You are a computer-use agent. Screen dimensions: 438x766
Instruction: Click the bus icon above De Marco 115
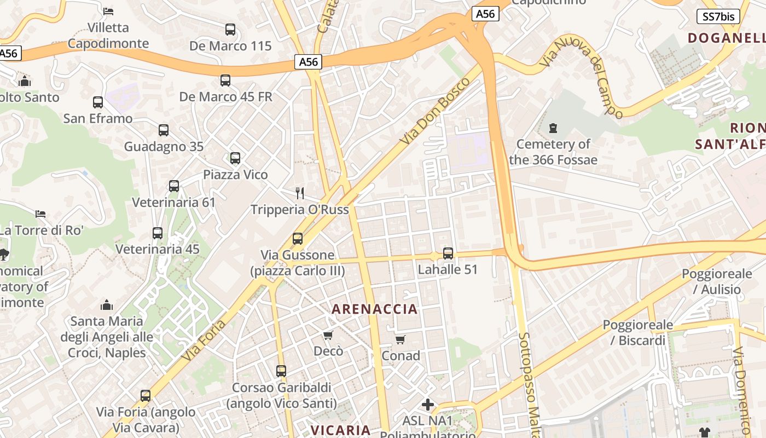point(230,30)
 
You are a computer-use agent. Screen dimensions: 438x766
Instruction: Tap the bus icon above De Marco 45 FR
point(225,80)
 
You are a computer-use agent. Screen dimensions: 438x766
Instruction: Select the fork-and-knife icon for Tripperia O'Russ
point(299,193)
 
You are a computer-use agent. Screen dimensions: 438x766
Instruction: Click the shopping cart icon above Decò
point(328,335)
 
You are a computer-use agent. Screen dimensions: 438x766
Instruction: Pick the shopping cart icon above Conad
point(401,340)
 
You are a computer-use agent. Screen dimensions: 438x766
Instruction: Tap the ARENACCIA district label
point(375,309)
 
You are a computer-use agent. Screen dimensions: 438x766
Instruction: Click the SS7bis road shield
point(718,16)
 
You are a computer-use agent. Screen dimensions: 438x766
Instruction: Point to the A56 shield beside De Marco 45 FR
point(309,62)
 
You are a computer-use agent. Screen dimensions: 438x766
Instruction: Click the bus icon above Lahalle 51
point(448,253)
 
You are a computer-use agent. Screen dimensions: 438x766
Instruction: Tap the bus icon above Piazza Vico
point(235,158)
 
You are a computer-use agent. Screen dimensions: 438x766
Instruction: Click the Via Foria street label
point(204,341)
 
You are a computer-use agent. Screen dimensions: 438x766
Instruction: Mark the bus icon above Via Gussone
point(298,239)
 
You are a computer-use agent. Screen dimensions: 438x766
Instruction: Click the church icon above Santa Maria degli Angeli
point(107,305)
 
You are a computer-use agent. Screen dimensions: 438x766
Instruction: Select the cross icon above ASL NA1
point(428,405)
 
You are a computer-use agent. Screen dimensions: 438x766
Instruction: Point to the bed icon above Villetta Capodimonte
point(108,11)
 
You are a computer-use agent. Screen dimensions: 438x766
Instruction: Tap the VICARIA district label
point(341,430)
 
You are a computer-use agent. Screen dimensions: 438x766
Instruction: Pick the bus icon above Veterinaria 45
point(158,233)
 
